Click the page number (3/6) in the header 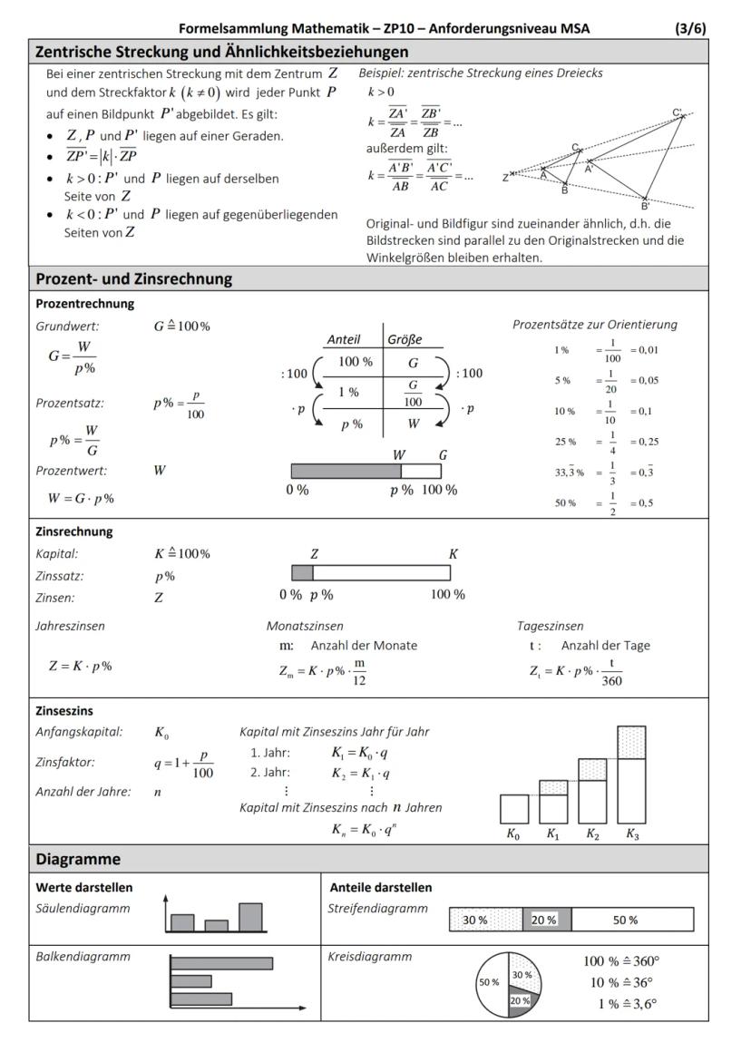[x=690, y=28]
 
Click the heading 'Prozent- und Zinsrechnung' [x=133, y=278]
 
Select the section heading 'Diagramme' [x=78, y=858]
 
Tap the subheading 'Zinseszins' [x=64, y=712]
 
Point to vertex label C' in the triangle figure [x=678, y=113]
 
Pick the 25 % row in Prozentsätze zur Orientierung [x=604, y=442]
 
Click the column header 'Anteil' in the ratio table [x=343, y=339]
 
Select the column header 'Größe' [x=405, y=339]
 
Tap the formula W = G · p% [x=82, y=498]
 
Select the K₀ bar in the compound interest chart [x=514, y=808]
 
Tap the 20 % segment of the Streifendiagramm [x=546, y=919]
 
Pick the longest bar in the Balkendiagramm [x=221, y=963]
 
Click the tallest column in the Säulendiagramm [x=250, y=917]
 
